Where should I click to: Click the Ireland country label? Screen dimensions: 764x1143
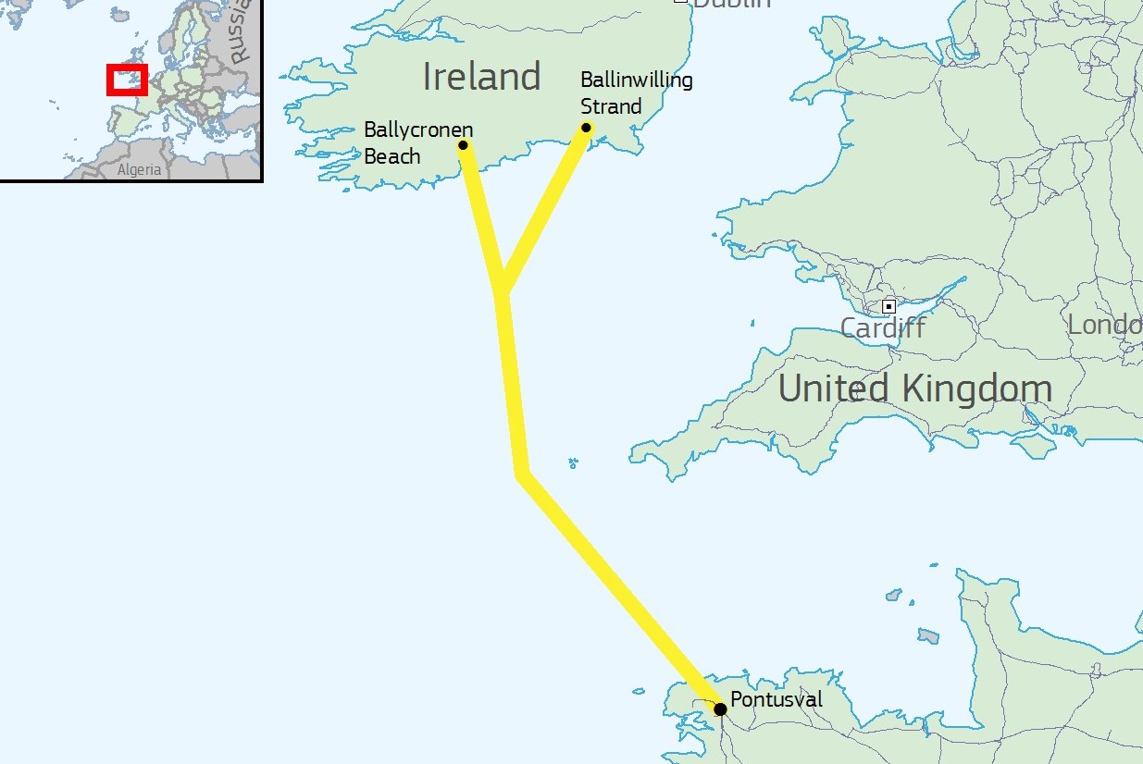click(481, 77)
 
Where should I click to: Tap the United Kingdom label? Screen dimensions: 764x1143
click(914, 389)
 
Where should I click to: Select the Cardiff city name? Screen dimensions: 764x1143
click(882, 327)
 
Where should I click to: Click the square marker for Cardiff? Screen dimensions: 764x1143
click(888, 306)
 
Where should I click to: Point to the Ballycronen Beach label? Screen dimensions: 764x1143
click(417, 142)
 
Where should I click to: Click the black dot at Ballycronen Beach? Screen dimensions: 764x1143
click(463, 145)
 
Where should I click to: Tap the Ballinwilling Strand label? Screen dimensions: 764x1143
click(636, 92)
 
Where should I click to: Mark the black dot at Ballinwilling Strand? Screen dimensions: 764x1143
click(586, 128)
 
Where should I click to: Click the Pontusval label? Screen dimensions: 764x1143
click(776, 699)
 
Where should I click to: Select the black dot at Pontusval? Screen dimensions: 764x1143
click(720, 709)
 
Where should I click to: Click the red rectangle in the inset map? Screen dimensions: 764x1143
click(127, 79)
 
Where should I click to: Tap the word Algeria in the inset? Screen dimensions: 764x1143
click(139, 170)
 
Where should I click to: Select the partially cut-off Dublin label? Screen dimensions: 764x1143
click(731, 4)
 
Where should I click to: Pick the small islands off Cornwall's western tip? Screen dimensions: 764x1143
click(573, 462)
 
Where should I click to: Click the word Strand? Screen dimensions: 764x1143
click(611, 106)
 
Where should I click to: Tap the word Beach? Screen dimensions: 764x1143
click(391, 156)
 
